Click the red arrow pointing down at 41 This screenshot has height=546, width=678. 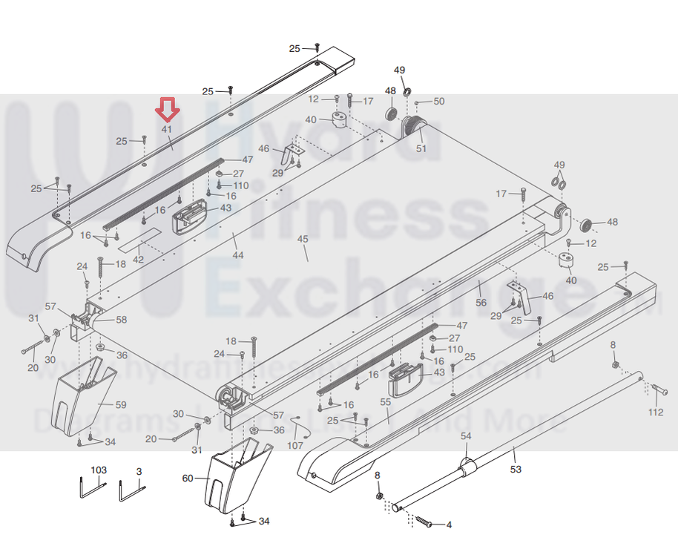coord(168,111)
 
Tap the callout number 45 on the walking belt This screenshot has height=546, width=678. coord(302,239)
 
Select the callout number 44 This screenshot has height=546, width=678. coord(237,255)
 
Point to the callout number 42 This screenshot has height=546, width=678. coord(139,260)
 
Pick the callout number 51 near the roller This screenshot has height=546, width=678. coord(421,148)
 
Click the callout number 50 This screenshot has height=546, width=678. coord(438,101)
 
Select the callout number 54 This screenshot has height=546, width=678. coord(466,436)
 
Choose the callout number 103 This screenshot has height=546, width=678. coord(99,470)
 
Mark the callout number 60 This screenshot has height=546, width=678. coord(188,478)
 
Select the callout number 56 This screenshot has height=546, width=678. coord(481,303)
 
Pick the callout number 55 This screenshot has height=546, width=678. coord(385,401)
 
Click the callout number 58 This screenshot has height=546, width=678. coord(121,320)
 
